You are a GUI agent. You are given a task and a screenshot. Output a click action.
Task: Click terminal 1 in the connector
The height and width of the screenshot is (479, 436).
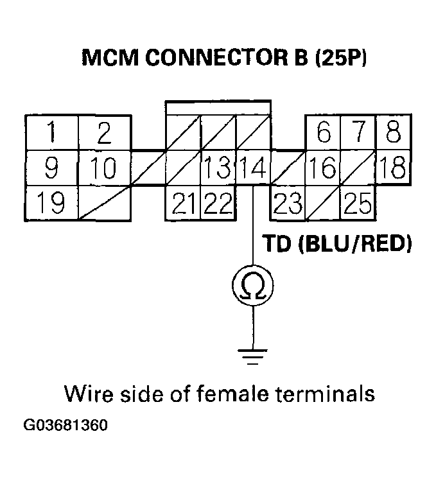tap(51, 134)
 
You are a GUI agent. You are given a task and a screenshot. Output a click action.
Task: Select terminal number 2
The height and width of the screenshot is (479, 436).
tap(104, 134)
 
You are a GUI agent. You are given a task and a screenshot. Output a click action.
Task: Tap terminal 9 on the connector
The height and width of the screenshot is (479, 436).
tap(51, 169)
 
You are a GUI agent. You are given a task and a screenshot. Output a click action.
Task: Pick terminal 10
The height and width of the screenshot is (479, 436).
tap(104, 169)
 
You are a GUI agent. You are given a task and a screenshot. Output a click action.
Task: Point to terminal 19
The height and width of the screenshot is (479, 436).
tap(51, 204)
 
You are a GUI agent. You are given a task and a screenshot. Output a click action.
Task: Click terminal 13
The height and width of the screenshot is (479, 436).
tap(218, 170)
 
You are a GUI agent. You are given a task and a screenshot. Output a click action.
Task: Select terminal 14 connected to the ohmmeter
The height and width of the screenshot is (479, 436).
tap(254, 170)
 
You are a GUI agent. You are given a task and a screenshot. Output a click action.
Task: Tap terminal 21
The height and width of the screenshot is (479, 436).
tap(184, 204)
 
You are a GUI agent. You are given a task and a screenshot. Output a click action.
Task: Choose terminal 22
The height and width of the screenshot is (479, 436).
tap(218, 204)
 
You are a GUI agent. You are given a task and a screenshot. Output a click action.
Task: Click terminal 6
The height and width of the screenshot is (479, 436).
tap(323, 134)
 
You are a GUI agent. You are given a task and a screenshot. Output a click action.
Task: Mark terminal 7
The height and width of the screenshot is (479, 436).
tap(358, 134)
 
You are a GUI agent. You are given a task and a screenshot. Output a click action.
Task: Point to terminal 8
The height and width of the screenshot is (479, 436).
tap(393, 134)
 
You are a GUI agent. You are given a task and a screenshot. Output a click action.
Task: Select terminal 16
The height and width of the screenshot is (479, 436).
tap(323, 170)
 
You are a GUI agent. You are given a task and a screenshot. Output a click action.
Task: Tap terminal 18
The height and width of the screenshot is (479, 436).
tap(393, 170)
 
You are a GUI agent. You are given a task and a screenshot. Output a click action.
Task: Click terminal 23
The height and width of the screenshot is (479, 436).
tap(288, 204)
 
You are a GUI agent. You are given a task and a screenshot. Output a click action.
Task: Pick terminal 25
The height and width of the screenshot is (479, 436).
tap(358, 204)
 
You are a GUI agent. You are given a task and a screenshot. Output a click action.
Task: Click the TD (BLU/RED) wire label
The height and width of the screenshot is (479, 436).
tap(336, 245)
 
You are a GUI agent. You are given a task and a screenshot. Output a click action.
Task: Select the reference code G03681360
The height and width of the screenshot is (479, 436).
tap(66, 426)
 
